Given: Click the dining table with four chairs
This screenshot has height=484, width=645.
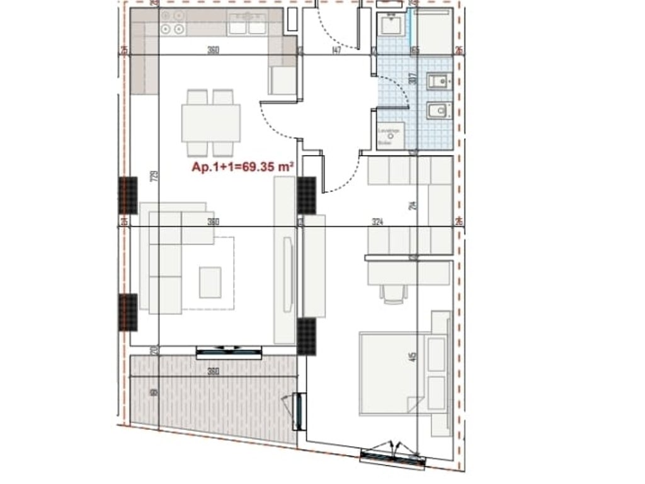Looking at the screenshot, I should tap(211, 123).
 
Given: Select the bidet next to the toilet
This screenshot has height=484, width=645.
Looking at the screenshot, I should tap(438, 82).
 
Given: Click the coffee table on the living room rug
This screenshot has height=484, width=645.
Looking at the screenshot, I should tap(210, 282).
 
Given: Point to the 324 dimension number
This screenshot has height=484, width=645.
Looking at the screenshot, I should tap(378, 222).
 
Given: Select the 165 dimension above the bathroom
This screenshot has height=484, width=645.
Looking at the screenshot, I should tap(415, 51).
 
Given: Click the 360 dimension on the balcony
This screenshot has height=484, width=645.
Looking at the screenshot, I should tap(213, 371).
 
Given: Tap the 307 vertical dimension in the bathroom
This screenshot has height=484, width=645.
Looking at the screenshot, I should tap(413, 79).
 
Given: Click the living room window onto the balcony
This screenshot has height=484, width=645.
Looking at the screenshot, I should tap(229, 352).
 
